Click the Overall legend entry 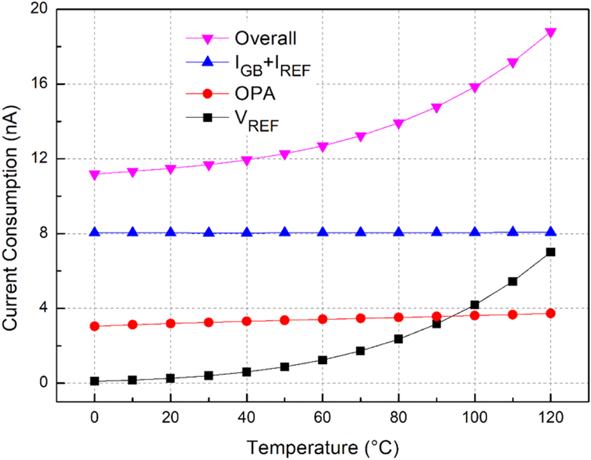[265, 39]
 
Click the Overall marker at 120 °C [550, 33]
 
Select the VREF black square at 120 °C [550, 252]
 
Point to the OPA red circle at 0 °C [95, 326]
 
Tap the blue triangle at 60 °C [323, 232]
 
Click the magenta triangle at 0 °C [95, 175]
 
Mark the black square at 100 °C [475, 305]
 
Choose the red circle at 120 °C [550, 314]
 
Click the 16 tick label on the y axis [41, 84]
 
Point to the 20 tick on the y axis [41, 10]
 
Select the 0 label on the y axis [44, 383]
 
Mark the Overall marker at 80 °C [398, 124]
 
